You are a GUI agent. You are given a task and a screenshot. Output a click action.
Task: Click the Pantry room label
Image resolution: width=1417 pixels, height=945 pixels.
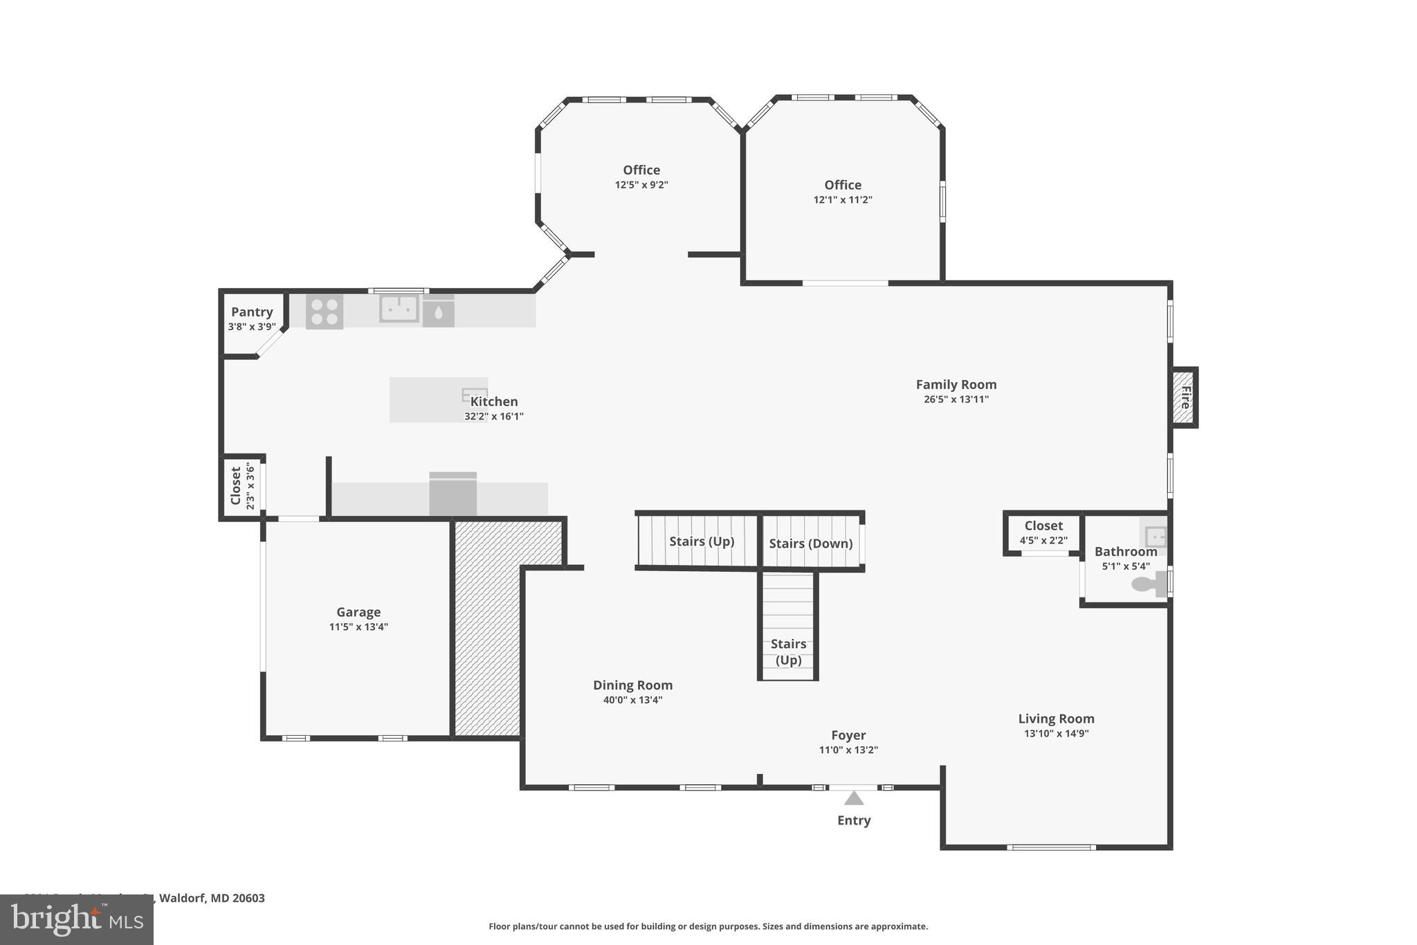[x=252, y=312]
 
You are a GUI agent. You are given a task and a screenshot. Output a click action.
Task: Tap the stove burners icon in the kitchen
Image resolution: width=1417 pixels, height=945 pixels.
[x=324, y=312]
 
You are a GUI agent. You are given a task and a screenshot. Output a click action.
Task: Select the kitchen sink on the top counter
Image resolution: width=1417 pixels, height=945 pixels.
[x=399, y=308]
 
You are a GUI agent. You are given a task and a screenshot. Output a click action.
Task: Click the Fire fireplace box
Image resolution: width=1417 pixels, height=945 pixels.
[x=1185, y=397]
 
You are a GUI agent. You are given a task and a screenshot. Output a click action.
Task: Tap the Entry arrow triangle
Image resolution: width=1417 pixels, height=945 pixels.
[x=854, y=798]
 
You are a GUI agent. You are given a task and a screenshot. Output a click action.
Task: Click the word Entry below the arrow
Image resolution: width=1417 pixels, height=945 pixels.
[x=854, y=820]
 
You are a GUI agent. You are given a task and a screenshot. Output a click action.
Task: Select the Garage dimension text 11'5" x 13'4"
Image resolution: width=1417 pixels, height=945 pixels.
[x=358, y=627]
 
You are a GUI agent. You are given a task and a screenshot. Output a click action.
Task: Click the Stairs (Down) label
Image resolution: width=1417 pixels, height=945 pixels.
[x=811, y=543]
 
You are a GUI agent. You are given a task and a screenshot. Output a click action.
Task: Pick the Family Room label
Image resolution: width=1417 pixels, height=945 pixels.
[x=956, y=384]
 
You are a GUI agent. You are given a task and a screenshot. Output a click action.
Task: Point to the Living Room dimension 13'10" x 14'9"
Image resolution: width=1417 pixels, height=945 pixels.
[x=1056, y=734]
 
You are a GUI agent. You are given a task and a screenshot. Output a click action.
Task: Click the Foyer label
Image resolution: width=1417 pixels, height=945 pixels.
[x=848, y=735]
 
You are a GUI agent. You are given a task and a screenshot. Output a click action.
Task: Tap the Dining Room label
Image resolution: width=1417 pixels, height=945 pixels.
[x=632, y=685]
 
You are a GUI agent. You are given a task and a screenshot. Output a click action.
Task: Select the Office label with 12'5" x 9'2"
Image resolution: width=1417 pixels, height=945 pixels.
[x=641, y=170]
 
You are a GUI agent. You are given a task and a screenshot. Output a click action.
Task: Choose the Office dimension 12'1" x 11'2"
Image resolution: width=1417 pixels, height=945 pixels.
[x=843, y=200]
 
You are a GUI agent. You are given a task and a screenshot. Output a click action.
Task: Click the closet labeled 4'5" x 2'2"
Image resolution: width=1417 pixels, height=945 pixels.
[x=1043, y=532]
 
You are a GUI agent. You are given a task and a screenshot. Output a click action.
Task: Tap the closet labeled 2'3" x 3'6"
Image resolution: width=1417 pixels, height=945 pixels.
[x=241, y=486]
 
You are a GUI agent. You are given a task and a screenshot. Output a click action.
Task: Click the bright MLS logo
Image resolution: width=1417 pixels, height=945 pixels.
[x=77, y=919]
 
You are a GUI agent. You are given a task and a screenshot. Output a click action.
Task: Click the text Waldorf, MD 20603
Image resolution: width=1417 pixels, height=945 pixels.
[x=212, y=898]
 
